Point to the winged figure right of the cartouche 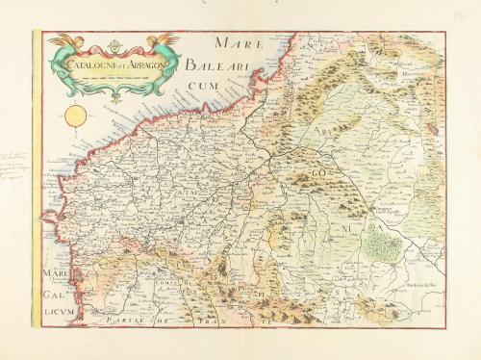tap(166, 43)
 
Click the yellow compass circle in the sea tap(76, 117)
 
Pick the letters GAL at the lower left tap(54, 297)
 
